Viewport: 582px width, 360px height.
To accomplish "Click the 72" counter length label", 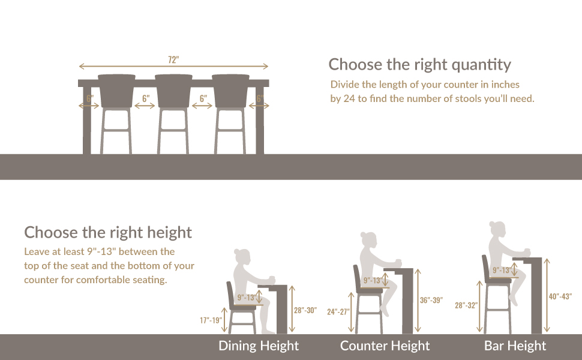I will tap(173, 59).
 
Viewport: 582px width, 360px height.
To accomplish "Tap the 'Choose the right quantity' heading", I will tap(419, 64).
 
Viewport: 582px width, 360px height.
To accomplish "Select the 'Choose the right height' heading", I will tap(108, 232).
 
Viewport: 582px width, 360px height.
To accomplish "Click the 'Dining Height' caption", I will tap(259, 346).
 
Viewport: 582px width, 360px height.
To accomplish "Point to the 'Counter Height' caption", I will tap(385, 346).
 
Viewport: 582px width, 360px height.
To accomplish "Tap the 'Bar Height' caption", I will tap(515, 346).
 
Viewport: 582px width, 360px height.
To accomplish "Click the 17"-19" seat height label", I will tap(211, 320).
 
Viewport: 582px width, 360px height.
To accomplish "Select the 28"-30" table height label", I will tap(304, 310).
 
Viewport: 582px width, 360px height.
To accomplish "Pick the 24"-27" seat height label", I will tap(338, 312).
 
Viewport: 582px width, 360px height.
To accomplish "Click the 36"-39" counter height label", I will tap(431, 301).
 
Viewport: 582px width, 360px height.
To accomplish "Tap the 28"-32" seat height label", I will tap(466, 305).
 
